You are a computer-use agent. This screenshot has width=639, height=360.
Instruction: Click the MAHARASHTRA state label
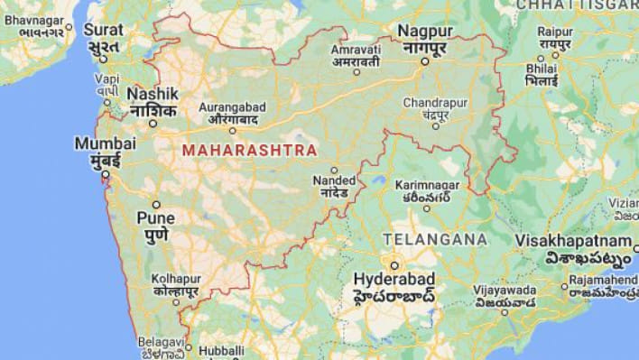249,150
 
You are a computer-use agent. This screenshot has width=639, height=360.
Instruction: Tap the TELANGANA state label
435,239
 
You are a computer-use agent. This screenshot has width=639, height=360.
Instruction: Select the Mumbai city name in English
106,143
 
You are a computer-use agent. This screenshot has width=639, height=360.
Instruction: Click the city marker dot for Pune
155,205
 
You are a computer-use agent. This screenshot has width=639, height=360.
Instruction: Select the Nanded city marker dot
334,170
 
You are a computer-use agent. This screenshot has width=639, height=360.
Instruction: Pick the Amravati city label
356,48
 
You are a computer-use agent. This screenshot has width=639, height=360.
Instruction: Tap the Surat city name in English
104,29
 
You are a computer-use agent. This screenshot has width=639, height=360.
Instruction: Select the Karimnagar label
427,184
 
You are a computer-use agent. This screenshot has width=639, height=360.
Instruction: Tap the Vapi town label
106,78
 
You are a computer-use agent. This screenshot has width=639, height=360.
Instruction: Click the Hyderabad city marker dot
394,264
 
